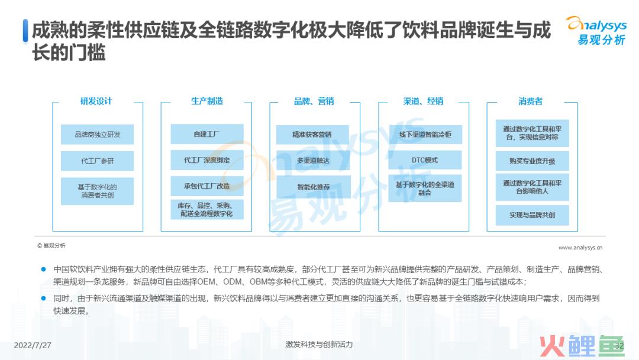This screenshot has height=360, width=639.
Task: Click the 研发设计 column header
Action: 96,101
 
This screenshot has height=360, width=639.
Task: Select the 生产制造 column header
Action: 207,101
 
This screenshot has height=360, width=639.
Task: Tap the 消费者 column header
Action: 531,101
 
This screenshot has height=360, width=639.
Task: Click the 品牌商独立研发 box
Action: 98,134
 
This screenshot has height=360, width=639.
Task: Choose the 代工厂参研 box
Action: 98,161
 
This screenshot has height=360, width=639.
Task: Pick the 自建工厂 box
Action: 207,134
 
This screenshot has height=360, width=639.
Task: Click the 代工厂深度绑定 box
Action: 207,160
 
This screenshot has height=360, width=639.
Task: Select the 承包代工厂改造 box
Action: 207,186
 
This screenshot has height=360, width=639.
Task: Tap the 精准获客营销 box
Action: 312,134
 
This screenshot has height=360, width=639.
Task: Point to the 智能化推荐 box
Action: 314,187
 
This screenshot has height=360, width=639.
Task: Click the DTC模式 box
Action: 425,160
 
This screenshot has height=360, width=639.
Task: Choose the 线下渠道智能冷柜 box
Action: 425,134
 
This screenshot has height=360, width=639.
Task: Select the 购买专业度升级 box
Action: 532,161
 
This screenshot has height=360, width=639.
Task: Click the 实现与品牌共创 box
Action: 532,216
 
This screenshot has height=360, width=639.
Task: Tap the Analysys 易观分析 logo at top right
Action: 596,31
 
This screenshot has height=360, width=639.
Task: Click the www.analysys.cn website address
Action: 580,247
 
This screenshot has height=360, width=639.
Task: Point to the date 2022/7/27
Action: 33,345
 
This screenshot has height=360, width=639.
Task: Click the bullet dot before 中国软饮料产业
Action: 44,269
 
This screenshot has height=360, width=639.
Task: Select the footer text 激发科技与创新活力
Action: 319,345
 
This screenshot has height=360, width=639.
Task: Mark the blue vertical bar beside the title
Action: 25,31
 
